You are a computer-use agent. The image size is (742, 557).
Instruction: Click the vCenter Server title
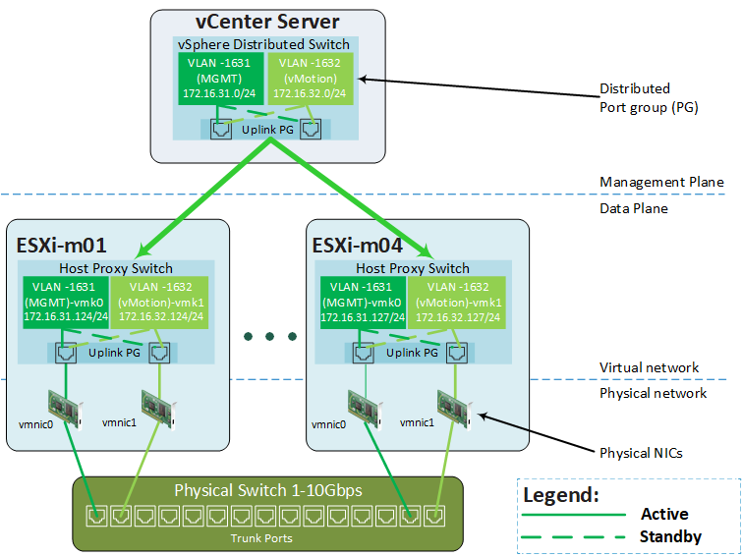267,22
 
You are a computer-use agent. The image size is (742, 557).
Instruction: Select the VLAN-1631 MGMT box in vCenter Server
220,79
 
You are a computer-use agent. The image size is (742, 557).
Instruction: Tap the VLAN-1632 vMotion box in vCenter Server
311,79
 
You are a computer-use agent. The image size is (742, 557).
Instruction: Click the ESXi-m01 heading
62,246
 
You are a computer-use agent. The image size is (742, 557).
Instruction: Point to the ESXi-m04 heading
358,246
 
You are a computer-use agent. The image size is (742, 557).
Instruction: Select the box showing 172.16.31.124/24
66,303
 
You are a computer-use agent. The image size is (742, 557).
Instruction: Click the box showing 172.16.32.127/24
457,303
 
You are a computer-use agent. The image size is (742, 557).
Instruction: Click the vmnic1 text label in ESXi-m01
119,422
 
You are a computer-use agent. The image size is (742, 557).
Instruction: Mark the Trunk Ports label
261,538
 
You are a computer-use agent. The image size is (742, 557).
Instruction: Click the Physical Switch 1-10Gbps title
268,490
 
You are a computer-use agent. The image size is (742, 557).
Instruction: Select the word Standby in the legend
670,536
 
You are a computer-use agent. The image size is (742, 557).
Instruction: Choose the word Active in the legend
665,514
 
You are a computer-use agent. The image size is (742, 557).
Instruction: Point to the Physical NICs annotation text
641,453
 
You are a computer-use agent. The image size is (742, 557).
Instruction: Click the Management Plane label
662,182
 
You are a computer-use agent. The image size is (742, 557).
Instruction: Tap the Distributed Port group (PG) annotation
649,98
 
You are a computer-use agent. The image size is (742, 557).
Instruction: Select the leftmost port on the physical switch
97,516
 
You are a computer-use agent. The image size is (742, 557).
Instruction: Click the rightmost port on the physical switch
434,516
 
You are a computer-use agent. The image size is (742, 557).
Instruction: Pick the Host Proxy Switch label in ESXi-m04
413,268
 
